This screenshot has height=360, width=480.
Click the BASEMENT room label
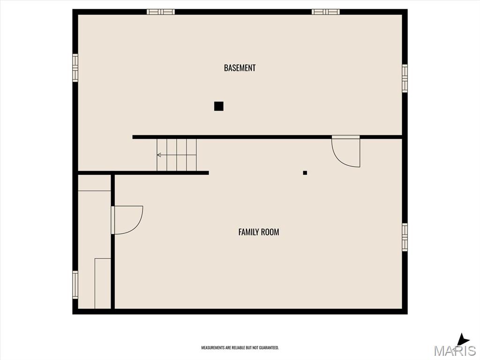[x=240, y=67]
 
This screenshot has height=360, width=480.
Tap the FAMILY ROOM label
[x=259, y=232]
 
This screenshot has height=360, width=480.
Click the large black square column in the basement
[x=218, y=106]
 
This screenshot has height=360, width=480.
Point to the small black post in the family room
[x=305, y=172]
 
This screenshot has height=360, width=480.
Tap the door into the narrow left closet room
[x=127, y=220]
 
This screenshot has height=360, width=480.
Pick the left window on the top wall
[x=161, y=12]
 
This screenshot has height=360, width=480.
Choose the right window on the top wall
[x=326, y=12]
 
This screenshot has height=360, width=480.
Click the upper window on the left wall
[x=75, y=67]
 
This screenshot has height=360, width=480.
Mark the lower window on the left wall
[x=75, y=285]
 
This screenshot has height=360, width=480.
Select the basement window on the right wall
[x=405, y=78]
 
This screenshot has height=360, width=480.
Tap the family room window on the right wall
[x=405, y=237]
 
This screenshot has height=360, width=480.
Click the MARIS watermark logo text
[x=455, y=351]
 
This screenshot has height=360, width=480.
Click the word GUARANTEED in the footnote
[x=269, y=348]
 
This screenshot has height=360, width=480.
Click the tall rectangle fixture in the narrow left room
[x=103, y=284]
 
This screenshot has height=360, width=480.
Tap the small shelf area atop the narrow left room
[x=94, y=183]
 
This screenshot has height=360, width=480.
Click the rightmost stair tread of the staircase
[x=191, y=155]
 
